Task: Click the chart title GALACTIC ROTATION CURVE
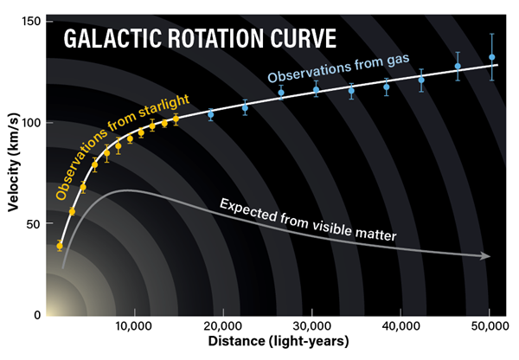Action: pyautogui.click(x=200, y=39)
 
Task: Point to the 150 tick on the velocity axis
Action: pyautogui.click(x=31, y=22)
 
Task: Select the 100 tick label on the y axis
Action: pyautogui.click(x=31, y=123)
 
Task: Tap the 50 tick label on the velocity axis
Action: pyautogui.click(x=34, y=224)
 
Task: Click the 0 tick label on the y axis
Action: pyautogui.click(x=37, y=315)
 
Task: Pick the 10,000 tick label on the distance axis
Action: pyautogui.click(x=134, y=326)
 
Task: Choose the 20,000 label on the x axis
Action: pyautogui.click(x=223, y=326)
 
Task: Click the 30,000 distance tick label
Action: pyautogui.click(x=311, y=326)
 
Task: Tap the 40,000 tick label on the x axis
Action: pyautogui.click(x=400, y=326)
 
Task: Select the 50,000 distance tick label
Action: pyautogui.click(x=490, y=326)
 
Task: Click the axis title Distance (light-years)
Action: pyautogui.click(x=279, y=341)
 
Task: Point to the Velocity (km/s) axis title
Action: pyautogui.click(x=14, y=163)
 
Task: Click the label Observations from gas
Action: pyautogui.click(x=338, y=67)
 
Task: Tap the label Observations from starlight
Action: pyautogui.click(x=123, y=147)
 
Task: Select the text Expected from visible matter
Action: pyautogui.click(x=308, y=220)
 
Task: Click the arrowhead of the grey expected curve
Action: pyautogui.click(x=485, y=256)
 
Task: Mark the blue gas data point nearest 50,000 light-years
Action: pyautogui.click(x=492, y=57)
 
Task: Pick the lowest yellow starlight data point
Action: pyautogui.click(x=60, y=246)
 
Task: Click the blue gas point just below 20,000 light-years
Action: pyautogui.click(x=210, y=114)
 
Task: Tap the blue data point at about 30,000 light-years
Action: pyautogui.click(x=316, y=89)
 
